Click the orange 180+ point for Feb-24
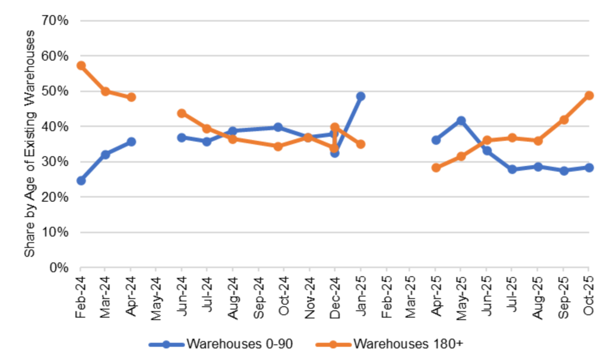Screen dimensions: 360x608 pos(81,65)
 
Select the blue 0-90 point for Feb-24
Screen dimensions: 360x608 pos(81,181)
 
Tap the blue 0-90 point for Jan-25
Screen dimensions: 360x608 pos(360,96)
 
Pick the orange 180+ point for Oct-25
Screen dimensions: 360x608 pos(589,96)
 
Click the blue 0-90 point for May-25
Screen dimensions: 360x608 pos(461,121)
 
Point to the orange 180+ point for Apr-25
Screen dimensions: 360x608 pos(436,168)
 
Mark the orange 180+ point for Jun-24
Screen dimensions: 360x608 pos(182,113)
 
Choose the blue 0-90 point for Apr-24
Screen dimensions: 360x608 pos(131,142)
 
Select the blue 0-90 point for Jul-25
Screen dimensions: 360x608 pos(511,169)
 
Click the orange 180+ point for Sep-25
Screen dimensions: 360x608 pos(564,120)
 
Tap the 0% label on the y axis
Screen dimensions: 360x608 pos(60,268)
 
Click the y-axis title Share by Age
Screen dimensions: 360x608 pos(30,145)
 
